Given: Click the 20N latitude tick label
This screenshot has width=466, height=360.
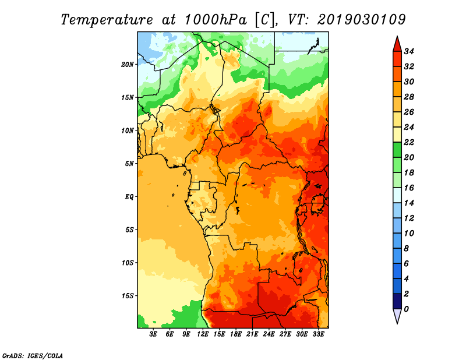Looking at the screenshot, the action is (128, 65).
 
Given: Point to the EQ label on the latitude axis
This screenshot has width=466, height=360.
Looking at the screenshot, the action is (129, 197).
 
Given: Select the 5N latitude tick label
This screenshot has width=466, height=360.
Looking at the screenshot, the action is (129, 164).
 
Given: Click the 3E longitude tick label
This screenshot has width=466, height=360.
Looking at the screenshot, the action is (153, 334).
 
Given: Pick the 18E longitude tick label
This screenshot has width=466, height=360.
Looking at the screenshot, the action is (236, 334).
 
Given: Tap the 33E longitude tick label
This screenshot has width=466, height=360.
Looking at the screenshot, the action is (318, 334).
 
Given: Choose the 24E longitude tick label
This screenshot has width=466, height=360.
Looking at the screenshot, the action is (269, 334).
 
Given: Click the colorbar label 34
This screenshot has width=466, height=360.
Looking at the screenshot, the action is (409, 52).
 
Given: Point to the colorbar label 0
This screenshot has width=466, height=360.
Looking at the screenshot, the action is (406, 309).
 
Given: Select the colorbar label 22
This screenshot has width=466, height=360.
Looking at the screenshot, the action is (409, 142).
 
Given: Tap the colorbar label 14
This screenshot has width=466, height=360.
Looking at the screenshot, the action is (409, 203).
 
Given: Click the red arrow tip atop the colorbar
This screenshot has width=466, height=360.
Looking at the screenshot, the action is (397, 36).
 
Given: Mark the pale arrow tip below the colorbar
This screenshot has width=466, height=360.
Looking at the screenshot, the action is (397, 324).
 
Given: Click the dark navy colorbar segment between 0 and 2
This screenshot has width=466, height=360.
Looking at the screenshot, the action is (397, 301).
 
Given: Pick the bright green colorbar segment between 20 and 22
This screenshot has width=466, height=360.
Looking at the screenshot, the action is (397, 150).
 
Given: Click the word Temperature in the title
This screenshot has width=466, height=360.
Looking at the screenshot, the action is (107, 20).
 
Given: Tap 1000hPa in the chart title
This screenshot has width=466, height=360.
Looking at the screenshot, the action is (216, 20).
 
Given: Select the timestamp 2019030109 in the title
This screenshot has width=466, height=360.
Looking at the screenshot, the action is (361, 20).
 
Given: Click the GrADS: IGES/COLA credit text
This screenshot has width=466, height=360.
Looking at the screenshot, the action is (33, 356).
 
